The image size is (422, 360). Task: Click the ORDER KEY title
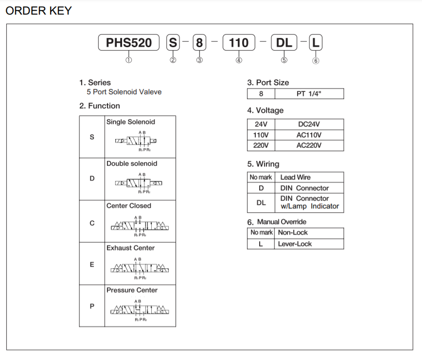click(x=38, y=10)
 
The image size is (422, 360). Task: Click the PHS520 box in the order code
click(x=129, y=43)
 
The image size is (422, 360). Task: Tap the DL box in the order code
click(x=284, y=43)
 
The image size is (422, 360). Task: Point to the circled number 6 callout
click(x=316, y=61)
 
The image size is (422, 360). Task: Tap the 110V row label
click(x=261, y=135)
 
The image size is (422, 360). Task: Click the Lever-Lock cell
click(x=295, y=244)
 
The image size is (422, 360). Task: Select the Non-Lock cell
click(x=293, y=233)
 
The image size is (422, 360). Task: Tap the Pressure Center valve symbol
click(x=140, y=310)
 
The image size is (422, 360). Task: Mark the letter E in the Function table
click(x=92, y=265)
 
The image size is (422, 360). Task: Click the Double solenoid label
click(x=132, y=164)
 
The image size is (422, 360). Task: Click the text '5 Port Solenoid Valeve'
click(x=124, y=92)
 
